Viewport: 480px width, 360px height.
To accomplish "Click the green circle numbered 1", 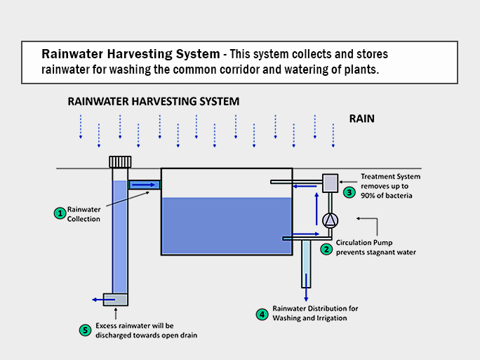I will [x=61, y=212].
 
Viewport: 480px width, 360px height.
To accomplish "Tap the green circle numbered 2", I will [x=326, y=248].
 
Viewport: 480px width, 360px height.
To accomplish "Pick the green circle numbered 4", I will [x=262, y=314].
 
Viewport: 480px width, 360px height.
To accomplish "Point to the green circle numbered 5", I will [x=86, y=330].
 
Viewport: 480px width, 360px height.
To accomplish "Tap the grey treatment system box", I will [x=330, y=182].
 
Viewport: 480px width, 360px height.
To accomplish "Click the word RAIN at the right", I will [x=361, y=119].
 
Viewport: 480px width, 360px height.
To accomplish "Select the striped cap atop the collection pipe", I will [x=120, y=161].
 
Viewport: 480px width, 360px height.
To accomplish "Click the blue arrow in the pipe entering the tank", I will [x=144, y=185].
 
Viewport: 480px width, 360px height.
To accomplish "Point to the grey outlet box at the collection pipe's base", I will [x=115, y=299].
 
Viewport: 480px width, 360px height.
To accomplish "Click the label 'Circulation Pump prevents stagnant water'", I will [x=375, y=247].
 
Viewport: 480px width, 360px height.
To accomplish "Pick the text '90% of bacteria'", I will [x=386, y=196].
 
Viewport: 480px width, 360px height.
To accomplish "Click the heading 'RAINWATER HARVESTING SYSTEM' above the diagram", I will [x=153, y=101].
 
